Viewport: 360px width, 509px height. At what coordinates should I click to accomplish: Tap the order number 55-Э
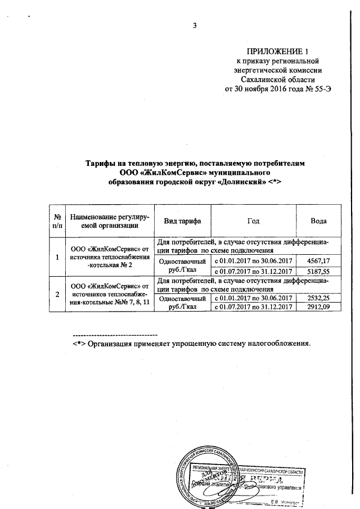coord(314,89)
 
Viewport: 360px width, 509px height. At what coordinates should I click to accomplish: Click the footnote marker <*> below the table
coord(79,344)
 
